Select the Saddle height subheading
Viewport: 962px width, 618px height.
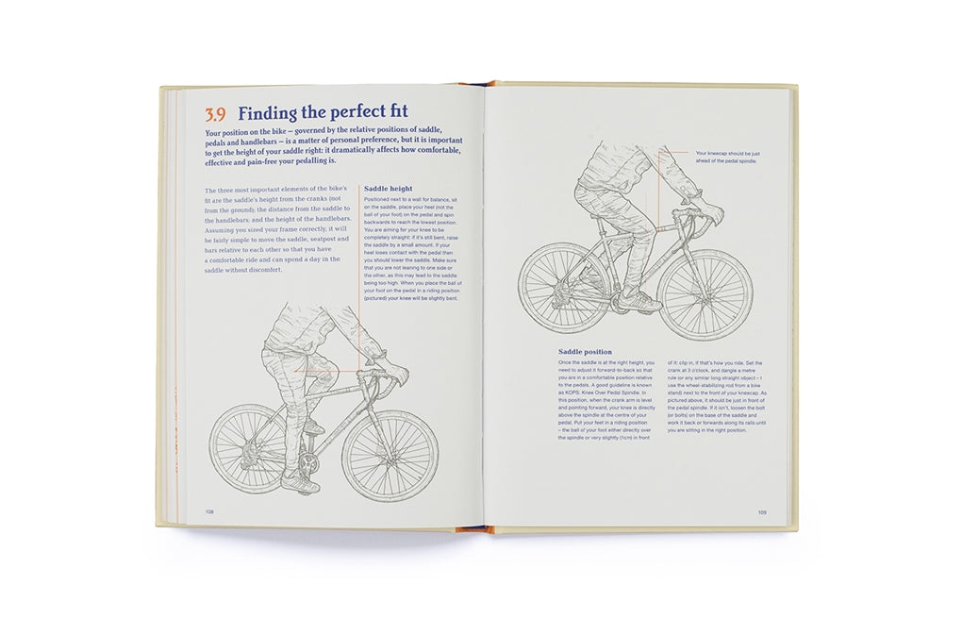pos(387,189)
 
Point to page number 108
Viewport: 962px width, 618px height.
pos(209,511)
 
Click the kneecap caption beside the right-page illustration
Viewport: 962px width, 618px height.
pos(726,157)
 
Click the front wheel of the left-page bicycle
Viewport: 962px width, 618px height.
pos(390,453)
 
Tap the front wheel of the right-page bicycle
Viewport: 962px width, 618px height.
pos(705,292)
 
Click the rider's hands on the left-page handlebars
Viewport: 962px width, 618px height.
pos(394,373)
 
